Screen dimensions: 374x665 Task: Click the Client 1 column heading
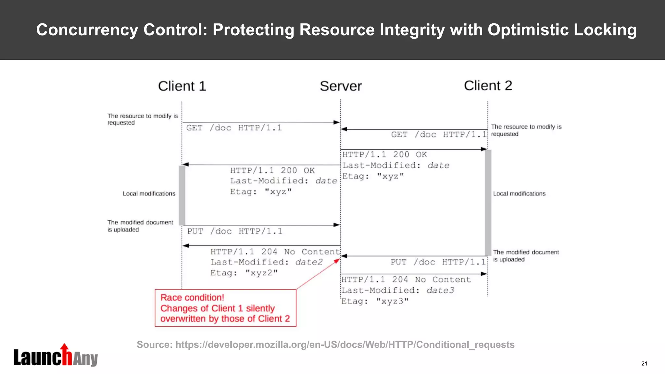coord(182,86)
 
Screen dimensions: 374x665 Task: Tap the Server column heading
coord(341,86)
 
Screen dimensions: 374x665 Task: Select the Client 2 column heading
coord(488,86)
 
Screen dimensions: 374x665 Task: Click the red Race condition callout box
coord(225,308)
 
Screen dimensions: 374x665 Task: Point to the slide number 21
coord(644,364)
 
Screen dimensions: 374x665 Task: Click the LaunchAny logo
coord(56,356)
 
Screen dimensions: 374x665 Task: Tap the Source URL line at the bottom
coord(325,344)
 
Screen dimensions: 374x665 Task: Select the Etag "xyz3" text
coord(375,301)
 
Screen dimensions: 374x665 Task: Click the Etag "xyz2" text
coord(244,273)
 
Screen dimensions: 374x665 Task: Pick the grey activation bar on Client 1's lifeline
coord(182,195)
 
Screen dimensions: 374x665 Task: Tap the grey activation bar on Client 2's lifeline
coord(488,203)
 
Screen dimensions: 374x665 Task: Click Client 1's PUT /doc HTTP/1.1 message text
coord(235,231)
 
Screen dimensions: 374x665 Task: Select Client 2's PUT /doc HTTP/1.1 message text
coord(438,262)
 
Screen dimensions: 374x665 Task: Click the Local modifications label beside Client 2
coord(519,193)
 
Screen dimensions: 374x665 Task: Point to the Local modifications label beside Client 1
coord(149,193)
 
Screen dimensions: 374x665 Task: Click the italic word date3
coord(440,290)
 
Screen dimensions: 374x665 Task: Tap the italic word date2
coord(309,262)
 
